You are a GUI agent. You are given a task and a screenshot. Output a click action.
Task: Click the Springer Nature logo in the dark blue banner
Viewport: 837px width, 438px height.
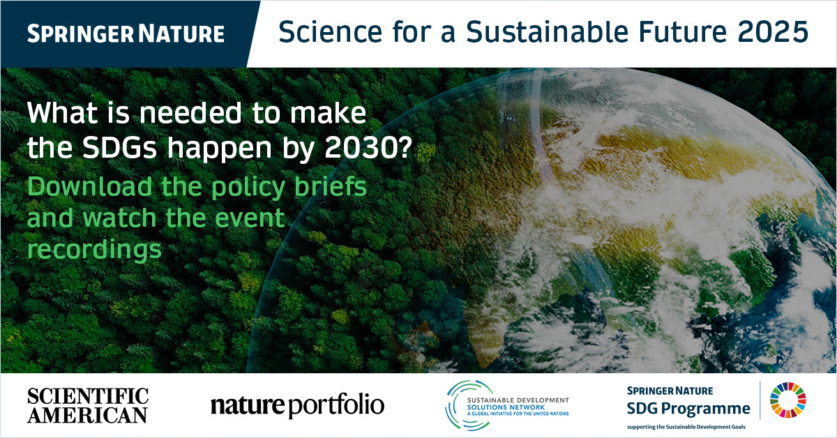click(x=126, y=33)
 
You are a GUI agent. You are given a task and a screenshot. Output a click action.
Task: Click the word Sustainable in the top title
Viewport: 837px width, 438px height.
click(x=548, y=31)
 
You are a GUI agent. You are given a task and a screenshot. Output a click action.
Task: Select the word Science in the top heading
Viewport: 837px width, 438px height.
click(x=331, y=31)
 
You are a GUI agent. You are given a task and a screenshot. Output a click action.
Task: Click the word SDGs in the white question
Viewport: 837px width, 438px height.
click(x=119, y=148)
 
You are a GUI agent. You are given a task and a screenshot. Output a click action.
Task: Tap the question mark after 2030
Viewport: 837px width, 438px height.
click(x=404, y=147)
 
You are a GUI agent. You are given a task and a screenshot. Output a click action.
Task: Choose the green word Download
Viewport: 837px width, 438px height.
click(x=90, y=186)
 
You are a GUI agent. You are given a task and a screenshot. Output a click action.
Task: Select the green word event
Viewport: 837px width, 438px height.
click(x=250, y=218)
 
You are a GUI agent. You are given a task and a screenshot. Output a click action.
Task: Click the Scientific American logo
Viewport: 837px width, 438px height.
click(x=88, y=405)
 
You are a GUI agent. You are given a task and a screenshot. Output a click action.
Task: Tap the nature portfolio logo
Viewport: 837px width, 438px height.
click(x=297, y=406)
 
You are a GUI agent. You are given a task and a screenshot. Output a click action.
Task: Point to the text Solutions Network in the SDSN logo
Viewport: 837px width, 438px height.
click(x=506, y=407)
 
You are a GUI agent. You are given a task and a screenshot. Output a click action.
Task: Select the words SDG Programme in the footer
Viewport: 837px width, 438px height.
click(x=688, y=409)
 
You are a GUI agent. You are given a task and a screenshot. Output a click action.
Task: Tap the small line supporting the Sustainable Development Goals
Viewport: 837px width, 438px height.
click(x=686, y=427)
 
